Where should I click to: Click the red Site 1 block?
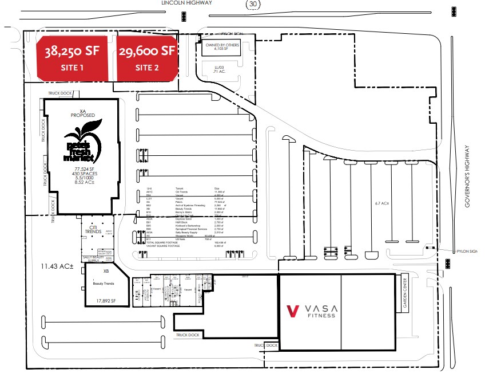tap(72, 57)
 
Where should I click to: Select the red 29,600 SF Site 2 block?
tap(147, 57)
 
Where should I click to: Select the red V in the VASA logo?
tap(293, 311)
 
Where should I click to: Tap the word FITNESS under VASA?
tap(321, 315)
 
